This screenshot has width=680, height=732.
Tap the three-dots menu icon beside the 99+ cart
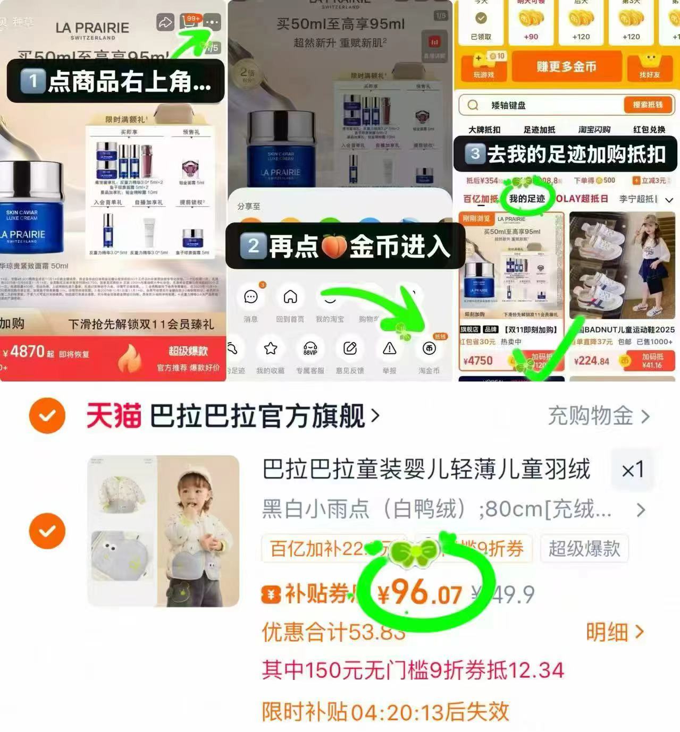pos(212,22)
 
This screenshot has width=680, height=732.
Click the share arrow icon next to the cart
pos(165,22)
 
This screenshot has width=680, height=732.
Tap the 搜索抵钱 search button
pos(648,105)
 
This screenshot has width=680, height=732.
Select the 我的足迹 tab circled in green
pos(527,199)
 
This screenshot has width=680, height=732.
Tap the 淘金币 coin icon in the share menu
pos(429,349)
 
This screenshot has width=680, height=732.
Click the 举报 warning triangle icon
pos(389,349)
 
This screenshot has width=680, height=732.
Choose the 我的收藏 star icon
pos(271,349)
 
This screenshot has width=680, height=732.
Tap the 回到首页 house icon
pos(290,297)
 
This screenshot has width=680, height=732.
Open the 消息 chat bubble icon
pos(250,297)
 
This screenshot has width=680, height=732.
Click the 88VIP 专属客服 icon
pos(310,349)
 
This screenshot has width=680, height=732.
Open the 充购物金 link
pos(598,416)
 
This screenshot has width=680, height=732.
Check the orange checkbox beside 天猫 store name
pos(47,415)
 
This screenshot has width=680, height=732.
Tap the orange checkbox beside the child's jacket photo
pos(47,531)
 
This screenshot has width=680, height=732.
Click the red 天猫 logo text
pos(114,416)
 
